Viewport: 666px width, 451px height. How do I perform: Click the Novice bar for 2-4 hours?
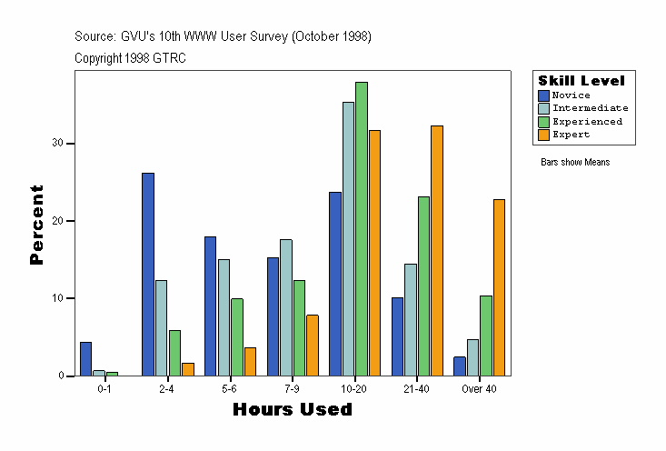click(148, 274)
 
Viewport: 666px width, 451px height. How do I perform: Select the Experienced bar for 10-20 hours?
click(361, 228)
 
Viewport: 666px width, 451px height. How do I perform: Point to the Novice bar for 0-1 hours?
click(85, 359)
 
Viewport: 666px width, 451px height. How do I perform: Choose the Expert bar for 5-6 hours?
click(250, 361)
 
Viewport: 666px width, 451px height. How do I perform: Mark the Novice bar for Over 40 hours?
click(460, 366)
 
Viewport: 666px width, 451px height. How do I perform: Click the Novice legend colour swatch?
click(543, 95)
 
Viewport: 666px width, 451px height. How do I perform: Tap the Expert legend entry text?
click(571, 135)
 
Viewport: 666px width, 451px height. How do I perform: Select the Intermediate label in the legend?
click(590, 108)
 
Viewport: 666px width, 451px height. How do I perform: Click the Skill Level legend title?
click(582, 81)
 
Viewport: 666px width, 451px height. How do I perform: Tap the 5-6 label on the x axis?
click(229, 389)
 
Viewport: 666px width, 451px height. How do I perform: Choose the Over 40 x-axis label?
click(479, 389)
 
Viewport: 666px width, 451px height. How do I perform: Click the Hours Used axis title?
click(293, 409)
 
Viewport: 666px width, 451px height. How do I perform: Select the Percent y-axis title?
click(37, 225)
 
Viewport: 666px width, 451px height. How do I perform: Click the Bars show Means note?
click(575, 163)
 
